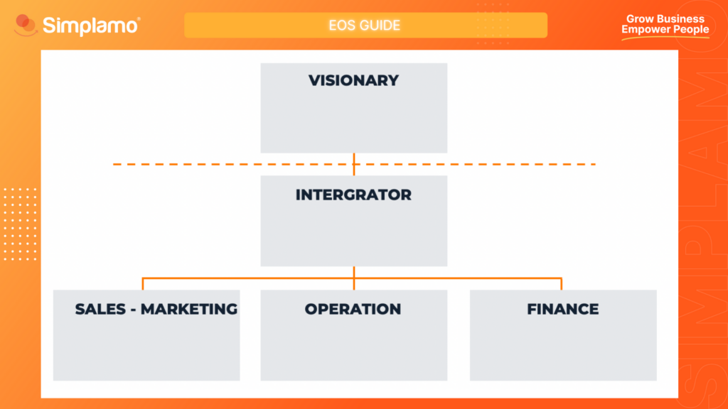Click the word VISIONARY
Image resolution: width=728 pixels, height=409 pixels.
[x=353, y=80]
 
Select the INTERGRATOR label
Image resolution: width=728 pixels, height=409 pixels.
[x=353, y=194]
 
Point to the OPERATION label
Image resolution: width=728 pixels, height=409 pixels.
[x=353, y=309]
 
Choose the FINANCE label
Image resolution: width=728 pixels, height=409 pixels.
[x=562, y=309]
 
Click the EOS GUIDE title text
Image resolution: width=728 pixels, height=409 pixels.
[x=365, y=26]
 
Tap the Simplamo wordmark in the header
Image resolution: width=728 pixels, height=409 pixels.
[x=91, y=26]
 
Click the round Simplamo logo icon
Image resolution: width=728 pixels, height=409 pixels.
[x=26, y=26]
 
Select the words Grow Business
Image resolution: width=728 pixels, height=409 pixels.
[x=665, y=19]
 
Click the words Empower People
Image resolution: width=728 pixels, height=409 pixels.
[x=665, y=30]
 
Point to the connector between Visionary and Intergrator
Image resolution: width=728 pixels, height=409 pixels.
[x=354, y=158]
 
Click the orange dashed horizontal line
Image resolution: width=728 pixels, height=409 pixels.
[x=213, y=164]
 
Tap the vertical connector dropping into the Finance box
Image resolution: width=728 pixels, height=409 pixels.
[x=562, y=283]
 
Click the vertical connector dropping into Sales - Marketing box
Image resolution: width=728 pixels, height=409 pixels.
[x=143, y=283]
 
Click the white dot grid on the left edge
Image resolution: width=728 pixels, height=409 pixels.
[x=19, y=224]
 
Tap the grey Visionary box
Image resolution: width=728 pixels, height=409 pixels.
[x=353, y=121]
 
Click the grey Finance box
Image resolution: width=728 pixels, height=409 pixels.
[x=562, y=348]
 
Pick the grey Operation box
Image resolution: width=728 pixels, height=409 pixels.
[x=353, y=348]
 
